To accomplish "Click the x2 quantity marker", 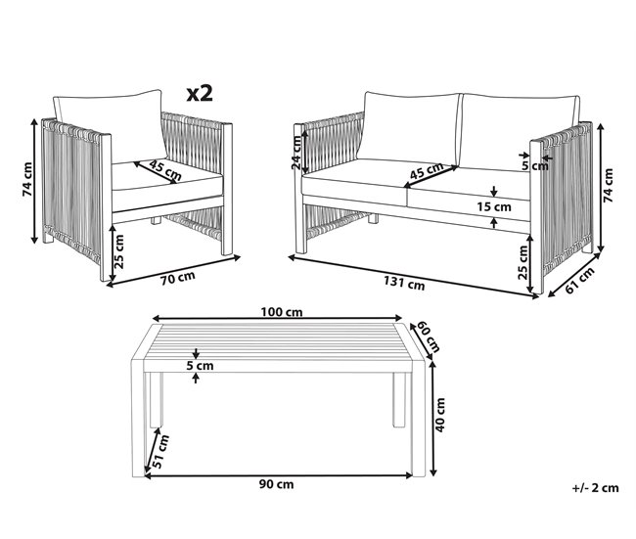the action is pyautogui.click(x=200, y=93).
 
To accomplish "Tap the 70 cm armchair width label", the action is pyautogui.click(x=178, y=278).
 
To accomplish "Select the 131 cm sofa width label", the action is pyautogui.click(x=404, y=283).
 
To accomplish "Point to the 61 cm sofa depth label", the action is pyautogui.click(x=579, y=280).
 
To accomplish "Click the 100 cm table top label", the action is pyautogui.click(x=282, y=312).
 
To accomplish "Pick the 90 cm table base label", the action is pyautogui.click(x=276, y=484).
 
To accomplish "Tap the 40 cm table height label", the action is pyautogui.click(x=439, y=415).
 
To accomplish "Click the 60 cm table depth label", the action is pyautogui.click(x=429, y=337).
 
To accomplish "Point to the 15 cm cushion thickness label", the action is pyautogui.click(x=493, y=206).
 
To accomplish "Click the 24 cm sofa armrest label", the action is pyautogui.click(x=296, y=153).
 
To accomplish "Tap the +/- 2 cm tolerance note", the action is pyautogui.click(x=596, y=488).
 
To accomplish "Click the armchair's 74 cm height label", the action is pyautogui.click(x=27, y=179).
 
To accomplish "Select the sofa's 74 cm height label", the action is pyautogui.click(x=608, y=185).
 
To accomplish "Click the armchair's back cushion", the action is pyautogui.click(x=110, y=126).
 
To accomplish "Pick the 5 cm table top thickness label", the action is pyautogui.click(x=200, y=366).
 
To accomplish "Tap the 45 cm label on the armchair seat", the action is pyautogui.click(x=165, y=170).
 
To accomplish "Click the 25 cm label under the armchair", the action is pyautogui.click(x=119, y=251).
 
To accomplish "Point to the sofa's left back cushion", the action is pyautogui.click(x=410, y=126).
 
